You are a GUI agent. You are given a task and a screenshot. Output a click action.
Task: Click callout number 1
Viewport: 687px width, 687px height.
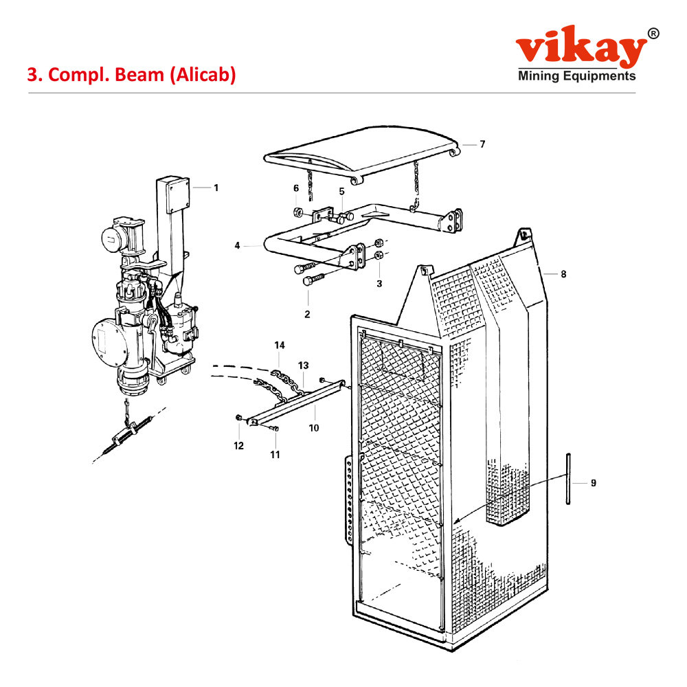click(x=216, y=188)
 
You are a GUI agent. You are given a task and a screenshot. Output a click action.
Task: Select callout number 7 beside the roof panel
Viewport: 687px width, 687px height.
click(x=482, y=144)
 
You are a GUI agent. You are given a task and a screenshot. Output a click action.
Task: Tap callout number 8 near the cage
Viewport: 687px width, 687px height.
click(x=563, y=274)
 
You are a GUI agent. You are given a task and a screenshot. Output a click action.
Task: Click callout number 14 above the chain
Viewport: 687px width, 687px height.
click(x=280, y=345)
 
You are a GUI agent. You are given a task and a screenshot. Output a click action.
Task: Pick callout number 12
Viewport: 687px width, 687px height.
click(x=238, y=446)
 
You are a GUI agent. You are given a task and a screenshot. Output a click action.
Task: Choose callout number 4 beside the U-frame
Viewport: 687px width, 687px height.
click(x=237, y=245)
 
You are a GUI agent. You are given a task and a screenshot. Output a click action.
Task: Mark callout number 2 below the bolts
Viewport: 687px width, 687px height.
click(x=307, y=315)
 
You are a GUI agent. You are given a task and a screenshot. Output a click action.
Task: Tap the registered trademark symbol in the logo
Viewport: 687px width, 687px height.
click(x=653, y=33)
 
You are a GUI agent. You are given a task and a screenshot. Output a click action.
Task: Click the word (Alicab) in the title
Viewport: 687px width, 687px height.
click(x=202, y=74)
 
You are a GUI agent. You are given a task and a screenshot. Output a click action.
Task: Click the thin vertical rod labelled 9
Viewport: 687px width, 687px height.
click(x=569, y=479)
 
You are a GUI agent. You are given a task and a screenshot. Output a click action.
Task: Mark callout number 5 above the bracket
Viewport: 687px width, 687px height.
click(x=341, y=192)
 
